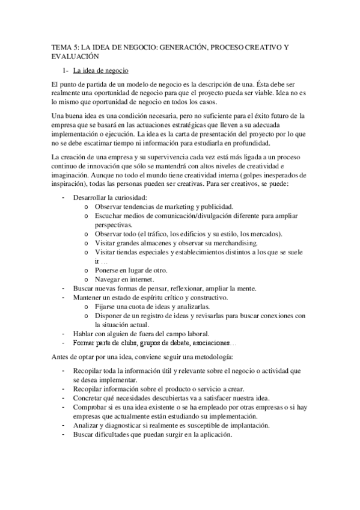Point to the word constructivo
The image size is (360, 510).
(x=205, y=297)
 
